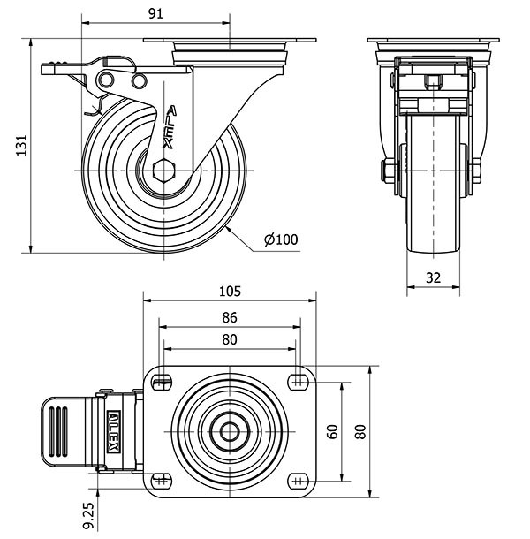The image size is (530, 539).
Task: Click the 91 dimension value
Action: (x=155, y=13)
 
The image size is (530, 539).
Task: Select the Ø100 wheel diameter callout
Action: (x=280, y=239)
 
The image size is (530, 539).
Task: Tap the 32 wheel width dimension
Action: (x=433, y=277)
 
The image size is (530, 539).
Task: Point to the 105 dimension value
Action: (x=230, y=292)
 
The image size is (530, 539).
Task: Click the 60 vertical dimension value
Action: (x=333, y=431)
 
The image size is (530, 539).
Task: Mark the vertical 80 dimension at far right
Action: (x=360, y=431)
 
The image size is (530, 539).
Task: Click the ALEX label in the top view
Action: (x=117, y=431)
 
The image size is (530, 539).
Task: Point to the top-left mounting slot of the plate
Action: (x=161, y=382)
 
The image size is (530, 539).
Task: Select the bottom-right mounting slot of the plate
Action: (x=296, y=482)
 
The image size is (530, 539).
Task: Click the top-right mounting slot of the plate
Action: (x=296, y=382)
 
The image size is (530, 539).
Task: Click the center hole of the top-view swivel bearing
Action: (x=229, y=432)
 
